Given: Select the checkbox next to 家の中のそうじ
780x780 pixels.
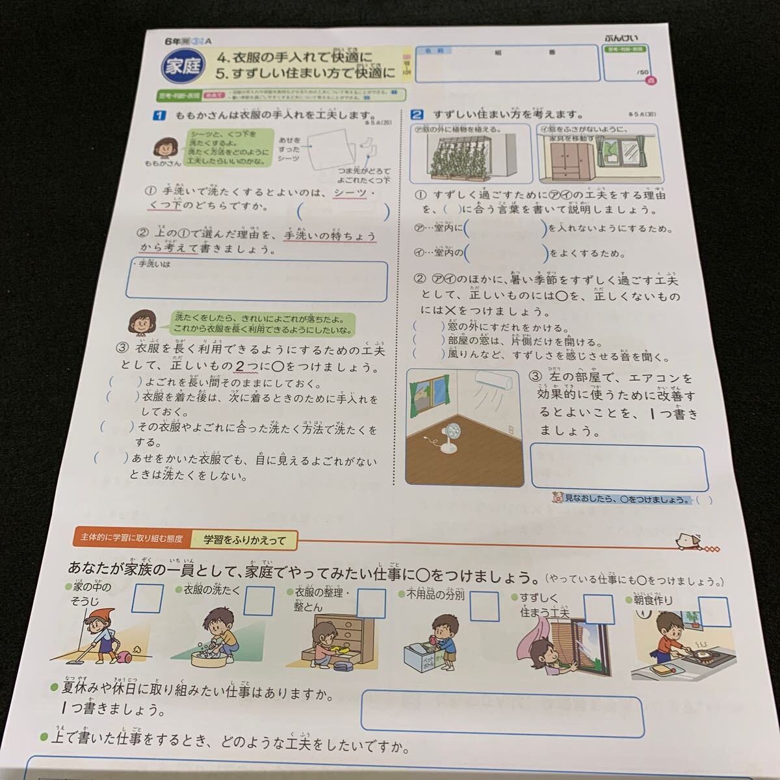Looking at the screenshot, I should click(147, 599).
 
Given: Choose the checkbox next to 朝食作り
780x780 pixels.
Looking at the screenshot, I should click(713, 611).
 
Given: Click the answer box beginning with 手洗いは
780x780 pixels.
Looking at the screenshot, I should click(257, 281).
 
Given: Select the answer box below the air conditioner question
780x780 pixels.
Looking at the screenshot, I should click(618, 467).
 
